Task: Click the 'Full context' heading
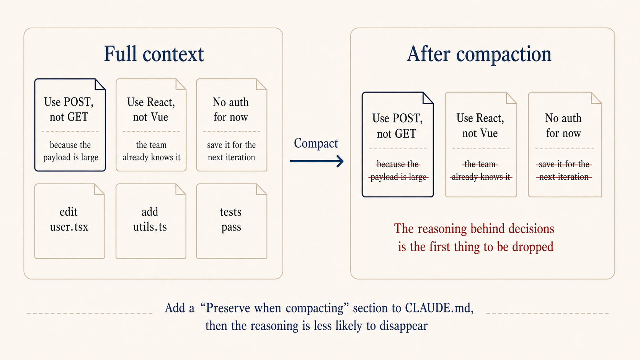pyautogui.click(x=154, y=54)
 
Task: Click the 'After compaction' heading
pyautogui.click(x=479, y=54)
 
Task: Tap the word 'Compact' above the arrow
pyautogui.click(x=316, y=143)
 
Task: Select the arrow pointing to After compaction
pyautogui.click(x=317, y=161)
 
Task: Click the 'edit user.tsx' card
pyautogui.click(x=69, y=221)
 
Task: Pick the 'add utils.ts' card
pyautogui.click(x=150, y=221)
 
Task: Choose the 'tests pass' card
pyautogui.click(x=231, y=221)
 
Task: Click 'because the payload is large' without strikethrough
pyautogui.click(x=70, y=151)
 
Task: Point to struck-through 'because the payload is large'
pyautogui.click(x=398, y=171)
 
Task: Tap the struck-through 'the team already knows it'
pyautogui.click(x=481, y=171)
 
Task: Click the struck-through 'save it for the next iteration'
pyautogui.click(x=564, y=171)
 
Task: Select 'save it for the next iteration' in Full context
pyautogui.click(x=231, y=151)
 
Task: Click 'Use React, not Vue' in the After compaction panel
pyautogui.click(x=480, y=125)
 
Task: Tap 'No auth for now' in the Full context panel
pyautogui.click(x=231, y=109)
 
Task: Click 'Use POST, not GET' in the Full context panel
pyautogui.click(x=69, y=109)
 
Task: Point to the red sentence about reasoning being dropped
pyautogui.click(x=475, y=238)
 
